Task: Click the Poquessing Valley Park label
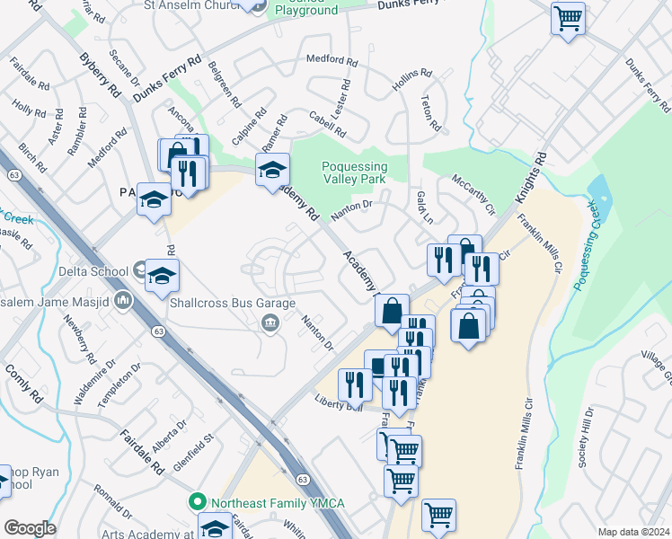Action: pyautogui.click(x=355, y=172)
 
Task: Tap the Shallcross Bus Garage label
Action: pyautogui.click(x=233, y=304)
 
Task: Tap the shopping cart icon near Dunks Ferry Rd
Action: pyautogui.click(x=568, y=19)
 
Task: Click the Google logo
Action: pyautogui.click(x=30, y=527)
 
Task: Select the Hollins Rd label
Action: pyautogui.click(x=412, y=82)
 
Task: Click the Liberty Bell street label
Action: pyautogui.click(x=338, y=404)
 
